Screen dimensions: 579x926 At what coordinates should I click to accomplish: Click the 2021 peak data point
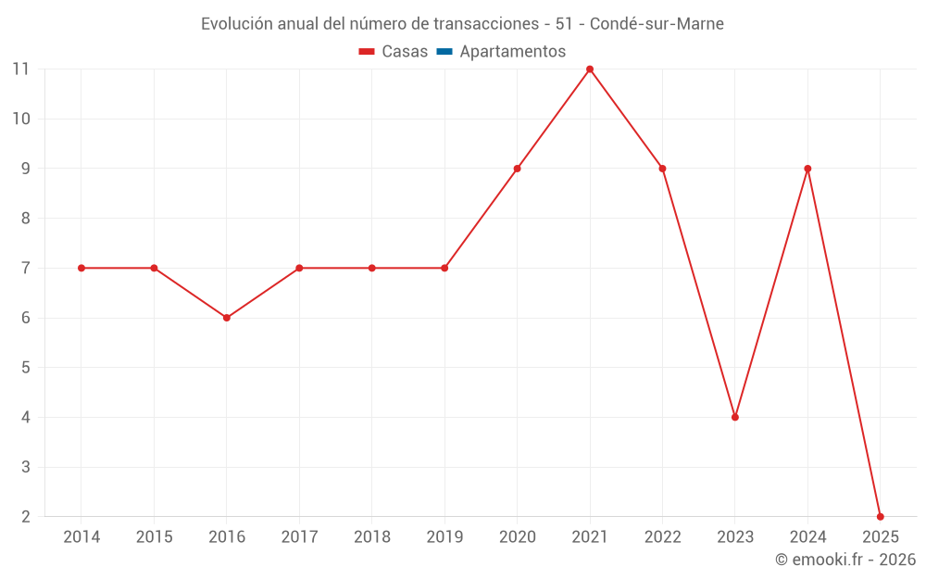pyautogui.click(x=590, y=69)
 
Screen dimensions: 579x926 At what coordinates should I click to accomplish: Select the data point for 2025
pyautogui.click(x=881, y=517)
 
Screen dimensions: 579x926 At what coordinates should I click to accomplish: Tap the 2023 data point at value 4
pyautogui.click(x=735, y=417)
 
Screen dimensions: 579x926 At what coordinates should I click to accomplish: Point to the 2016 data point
pyautogui.click(x=227, y=318)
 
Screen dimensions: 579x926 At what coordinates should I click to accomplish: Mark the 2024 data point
pyautogui.click(x=807, y=169)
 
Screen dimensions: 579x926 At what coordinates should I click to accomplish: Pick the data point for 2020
pyautogui.click(x=518, y=169)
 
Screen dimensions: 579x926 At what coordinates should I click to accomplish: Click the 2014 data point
pyautogui.click(x=81, y=268)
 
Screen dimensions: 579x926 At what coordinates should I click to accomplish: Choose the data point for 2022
pyautogui.click(x=662, y=169)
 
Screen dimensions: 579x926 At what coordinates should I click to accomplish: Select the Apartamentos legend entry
pyautogui.click(x=512, y=52)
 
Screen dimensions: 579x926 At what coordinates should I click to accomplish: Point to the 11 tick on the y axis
pyautogui.click(x=21, y=69)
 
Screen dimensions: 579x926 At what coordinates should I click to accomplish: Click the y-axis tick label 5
pyautogui.click(x=26, y=368)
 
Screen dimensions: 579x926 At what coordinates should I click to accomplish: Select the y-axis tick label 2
pyautogui.click(x=26, y=517)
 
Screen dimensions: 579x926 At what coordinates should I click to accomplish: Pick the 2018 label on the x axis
pyautogui.click(x=372, y=537)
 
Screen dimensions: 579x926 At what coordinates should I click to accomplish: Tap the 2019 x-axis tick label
pyautogui.click(x=444, y=537)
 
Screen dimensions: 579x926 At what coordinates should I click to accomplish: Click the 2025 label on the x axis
pyautogui.click(x=881, y=537)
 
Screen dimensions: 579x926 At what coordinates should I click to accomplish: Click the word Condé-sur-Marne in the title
pyautogui.click(x=657, y=24)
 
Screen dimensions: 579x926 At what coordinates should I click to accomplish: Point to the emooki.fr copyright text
pyautogui.click(x=845, y=560)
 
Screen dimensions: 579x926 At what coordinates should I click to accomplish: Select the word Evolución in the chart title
pyautogui.click(x=236, y=24)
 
